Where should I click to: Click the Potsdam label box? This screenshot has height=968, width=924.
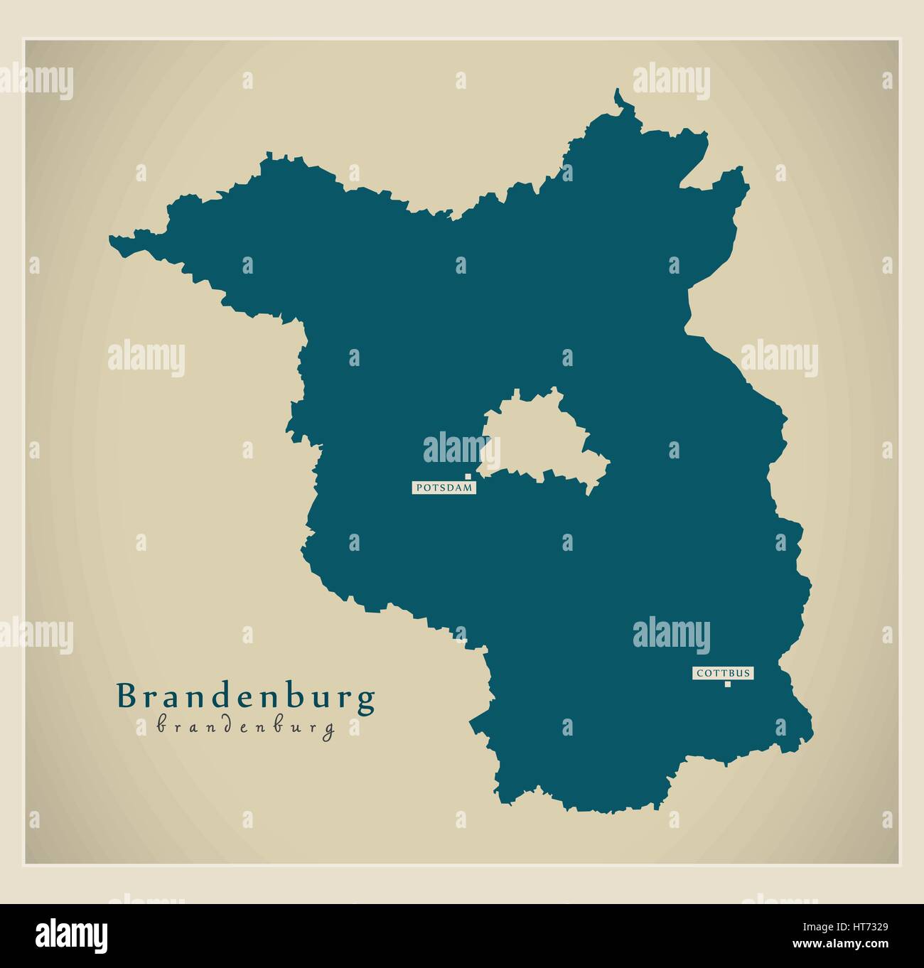click(x=444, y=488)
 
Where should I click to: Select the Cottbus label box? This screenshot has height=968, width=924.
click(x=722, y=672)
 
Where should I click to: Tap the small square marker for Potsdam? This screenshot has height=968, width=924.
click(x=468, y=476)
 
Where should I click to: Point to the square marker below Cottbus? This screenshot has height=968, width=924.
click(x=727, y=684)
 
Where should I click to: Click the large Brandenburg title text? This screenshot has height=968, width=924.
click(x=246, y=698)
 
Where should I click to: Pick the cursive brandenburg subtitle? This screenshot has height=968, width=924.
click(x=246, y=728)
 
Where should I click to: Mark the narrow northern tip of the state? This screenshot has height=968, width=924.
click(x=620, y=100)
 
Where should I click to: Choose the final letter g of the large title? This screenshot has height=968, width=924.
click(x=366, y=701)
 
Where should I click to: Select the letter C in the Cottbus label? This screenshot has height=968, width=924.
click(x=699, y=672)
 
